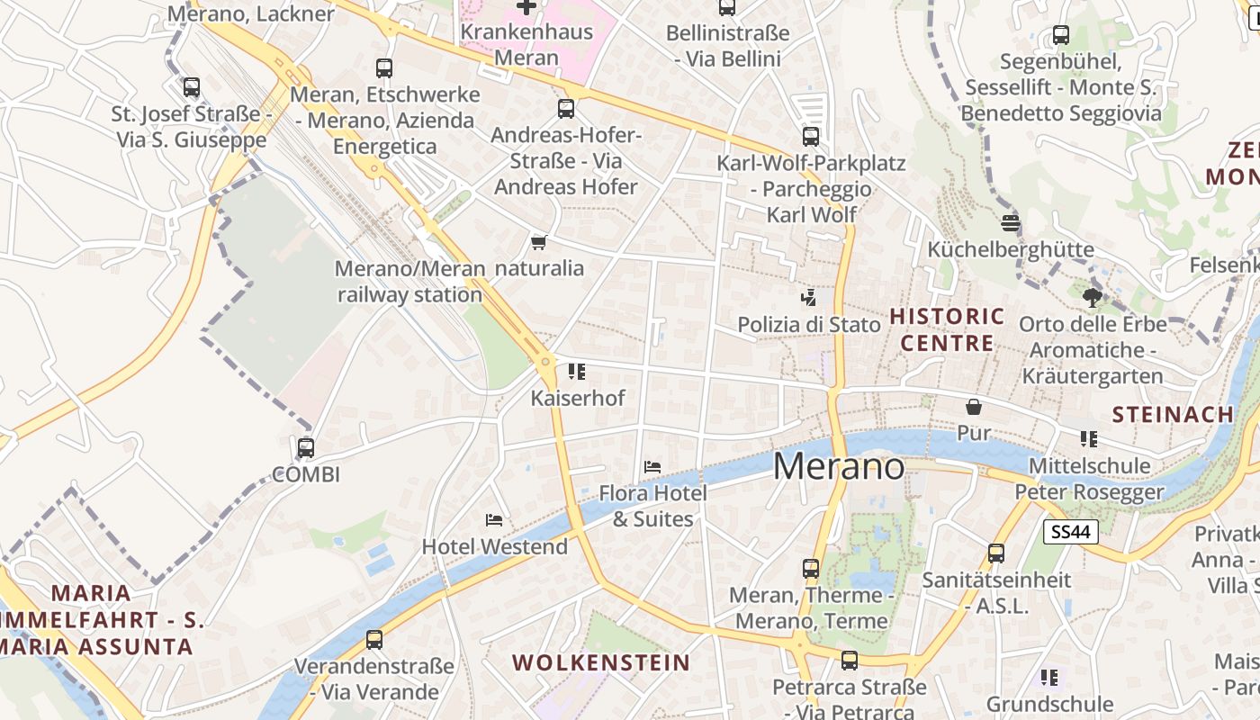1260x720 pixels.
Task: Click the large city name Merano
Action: [x=839, y=466]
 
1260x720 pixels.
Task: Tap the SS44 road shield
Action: [x=1071, y=532]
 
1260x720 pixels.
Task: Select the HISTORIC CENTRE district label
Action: [x=947, y=329]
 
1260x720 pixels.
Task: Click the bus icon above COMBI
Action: [x=306, y=447]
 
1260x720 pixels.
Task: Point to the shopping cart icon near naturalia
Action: [x=539, y=242]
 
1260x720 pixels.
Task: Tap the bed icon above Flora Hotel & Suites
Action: [x=652, y=467]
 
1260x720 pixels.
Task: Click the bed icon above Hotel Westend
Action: [x=493, y=520]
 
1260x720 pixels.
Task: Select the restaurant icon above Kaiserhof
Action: [x=577, y=371]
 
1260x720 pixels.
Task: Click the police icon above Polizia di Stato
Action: [x=808, y=297]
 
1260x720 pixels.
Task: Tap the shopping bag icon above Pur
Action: [x=973, y=407]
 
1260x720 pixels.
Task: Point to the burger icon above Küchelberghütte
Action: [x=1011, y=223]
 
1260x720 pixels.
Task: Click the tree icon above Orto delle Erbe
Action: [x=1093, y=296]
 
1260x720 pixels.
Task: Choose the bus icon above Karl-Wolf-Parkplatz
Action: [x=811, y=137]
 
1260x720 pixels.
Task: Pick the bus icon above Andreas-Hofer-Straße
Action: [x=566, y=109]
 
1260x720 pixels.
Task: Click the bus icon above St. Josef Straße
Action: [x=192, y=87]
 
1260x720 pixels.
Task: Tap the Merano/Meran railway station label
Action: [x=409, y=282]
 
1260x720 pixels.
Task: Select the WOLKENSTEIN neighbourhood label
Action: [x=601, y=663]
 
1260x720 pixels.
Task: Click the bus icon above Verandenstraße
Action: [x=374, y=640]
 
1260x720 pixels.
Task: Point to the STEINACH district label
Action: [x=1173, y=415]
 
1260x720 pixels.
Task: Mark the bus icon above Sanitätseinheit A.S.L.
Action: [x=996, y=553]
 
